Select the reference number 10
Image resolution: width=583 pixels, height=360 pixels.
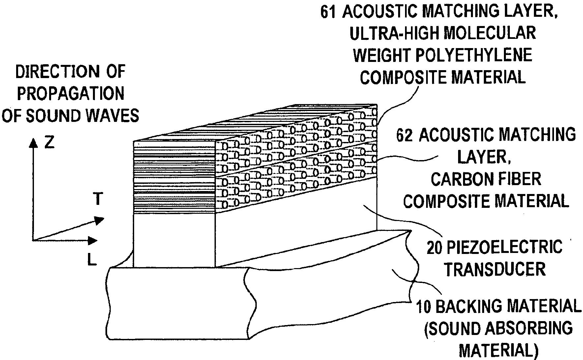pos(423,306)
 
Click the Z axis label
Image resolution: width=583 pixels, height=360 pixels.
pos(49,143)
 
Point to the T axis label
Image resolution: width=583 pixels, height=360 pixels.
pos(98,199)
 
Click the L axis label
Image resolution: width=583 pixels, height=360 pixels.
pos(92,261)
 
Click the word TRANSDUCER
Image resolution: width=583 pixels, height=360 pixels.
pos(495,269)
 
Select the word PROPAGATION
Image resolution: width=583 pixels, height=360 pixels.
pos(71,94)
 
